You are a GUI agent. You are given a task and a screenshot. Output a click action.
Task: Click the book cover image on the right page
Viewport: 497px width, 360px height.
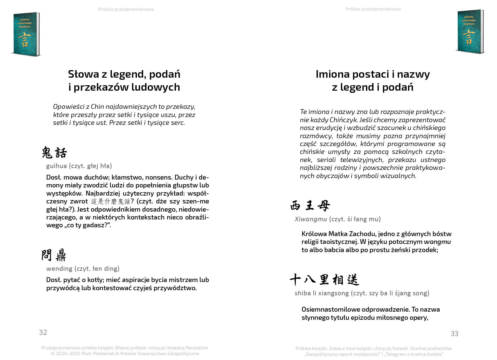[469, 32]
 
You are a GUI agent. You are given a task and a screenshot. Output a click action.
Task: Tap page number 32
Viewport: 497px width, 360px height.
[43, 332]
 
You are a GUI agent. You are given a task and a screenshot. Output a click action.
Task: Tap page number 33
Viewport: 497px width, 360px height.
[454, 334]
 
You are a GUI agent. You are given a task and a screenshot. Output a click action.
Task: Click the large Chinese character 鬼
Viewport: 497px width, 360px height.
[47, 153]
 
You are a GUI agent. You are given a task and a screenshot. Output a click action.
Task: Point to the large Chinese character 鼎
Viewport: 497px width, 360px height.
[61, 255]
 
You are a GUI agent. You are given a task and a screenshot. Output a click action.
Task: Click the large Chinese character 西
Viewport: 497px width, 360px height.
[295, 206]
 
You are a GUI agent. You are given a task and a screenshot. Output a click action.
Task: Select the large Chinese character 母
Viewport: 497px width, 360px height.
[324, 206]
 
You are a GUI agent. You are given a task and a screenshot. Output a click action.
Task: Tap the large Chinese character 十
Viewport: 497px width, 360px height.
[295, 280]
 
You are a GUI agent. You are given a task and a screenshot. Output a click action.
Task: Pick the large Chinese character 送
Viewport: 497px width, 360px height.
[353, 280]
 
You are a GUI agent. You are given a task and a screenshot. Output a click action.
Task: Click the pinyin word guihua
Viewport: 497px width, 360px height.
[57, 166]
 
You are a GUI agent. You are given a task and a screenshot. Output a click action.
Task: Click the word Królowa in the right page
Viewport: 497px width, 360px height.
[314, 234]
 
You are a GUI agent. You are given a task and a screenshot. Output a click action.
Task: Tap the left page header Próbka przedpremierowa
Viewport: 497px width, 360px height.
[125, 9]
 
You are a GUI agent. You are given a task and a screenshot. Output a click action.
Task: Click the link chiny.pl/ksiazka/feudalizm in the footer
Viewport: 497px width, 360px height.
[178, 348]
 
